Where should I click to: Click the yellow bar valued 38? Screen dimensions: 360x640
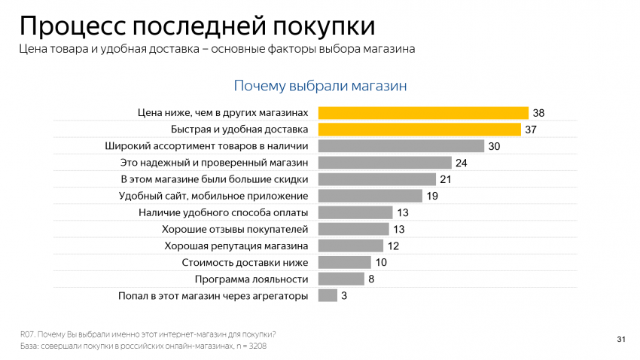coord(423,113)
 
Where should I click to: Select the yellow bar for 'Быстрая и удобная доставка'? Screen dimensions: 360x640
coord(419,130)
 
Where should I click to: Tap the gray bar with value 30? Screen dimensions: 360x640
coord(401,146)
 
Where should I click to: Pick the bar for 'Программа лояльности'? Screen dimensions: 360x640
coord(341,279)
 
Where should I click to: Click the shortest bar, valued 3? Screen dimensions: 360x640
coord(328,295)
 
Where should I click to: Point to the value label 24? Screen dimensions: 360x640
coord(462,163)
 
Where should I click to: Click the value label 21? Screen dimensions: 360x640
coord(446,179)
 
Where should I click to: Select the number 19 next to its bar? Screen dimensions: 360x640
coord(432,196)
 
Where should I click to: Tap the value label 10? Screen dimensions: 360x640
coord(381,262)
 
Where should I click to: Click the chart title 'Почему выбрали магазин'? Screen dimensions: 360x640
coord(320,86)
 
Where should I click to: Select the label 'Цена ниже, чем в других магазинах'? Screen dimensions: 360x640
coord(223,113)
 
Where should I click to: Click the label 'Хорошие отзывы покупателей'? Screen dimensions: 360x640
coord(235,229)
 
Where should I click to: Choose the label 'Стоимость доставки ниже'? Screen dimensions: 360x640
coord(245,262)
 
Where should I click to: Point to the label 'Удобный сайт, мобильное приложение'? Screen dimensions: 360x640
coord(214,196)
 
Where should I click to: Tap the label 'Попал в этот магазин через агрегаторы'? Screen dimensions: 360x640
coord(213,295)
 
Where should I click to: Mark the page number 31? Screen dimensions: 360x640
coord(621,339)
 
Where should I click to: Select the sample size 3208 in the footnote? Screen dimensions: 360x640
coord(256,346)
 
